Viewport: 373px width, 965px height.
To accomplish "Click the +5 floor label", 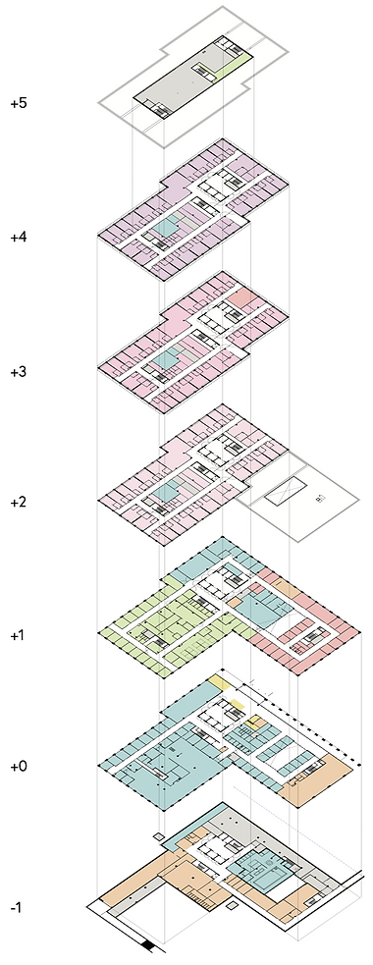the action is coord(18,103).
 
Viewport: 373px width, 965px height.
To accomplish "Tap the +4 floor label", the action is coord(18,238).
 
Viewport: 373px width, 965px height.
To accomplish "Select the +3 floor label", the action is coord(18,371).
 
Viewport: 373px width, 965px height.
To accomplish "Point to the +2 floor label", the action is coord(18,504).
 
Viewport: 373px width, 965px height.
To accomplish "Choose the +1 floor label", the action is coord(18,636).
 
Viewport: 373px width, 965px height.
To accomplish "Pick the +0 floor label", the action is coord(18,766).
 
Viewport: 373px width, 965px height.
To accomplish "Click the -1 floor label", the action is coord(17,907).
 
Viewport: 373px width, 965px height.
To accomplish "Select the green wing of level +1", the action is coord(147,628).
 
